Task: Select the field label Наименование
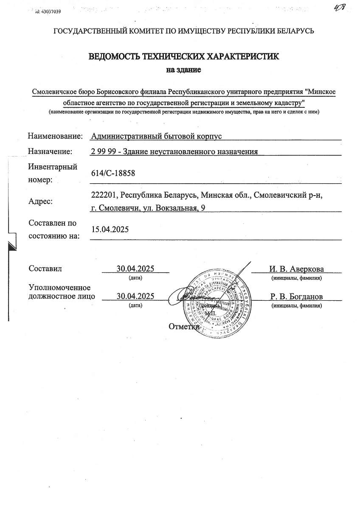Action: tap(55, 136)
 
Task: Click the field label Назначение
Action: tap(50, 151)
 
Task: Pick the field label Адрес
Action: tap(40, 201)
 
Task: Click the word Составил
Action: tap(45, 268)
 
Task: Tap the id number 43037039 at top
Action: tap(51, 12)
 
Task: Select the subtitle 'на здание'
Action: tap(183, 70)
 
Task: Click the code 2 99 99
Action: tap(103, 151)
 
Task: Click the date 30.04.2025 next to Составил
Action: tap(135, 268)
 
